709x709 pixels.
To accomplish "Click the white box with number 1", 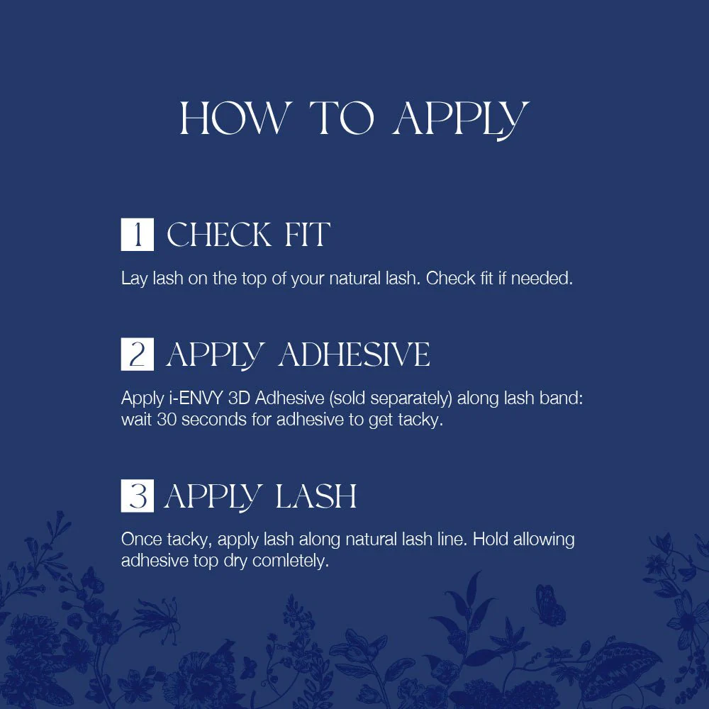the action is point(137,234).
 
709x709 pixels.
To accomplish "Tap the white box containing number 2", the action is point(137,354).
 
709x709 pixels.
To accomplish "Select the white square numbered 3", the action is point(137,496).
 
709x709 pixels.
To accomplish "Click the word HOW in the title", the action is point(233,118).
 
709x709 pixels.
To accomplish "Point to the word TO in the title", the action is point(342,118).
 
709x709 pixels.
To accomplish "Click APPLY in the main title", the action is point(461,121).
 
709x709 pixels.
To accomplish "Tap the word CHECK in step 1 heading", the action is point(219,235).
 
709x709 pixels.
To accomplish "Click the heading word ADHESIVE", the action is point(354,354).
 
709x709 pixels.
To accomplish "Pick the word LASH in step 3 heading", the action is point(316,496).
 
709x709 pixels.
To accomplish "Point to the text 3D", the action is point(239,398).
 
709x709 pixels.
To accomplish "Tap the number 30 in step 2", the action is point(167,420).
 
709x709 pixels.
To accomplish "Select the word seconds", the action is point(214,420).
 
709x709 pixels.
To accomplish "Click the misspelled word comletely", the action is point(290,561).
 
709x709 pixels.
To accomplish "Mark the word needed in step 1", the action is point(542,279).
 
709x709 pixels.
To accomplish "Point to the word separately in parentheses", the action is point(411,398).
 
